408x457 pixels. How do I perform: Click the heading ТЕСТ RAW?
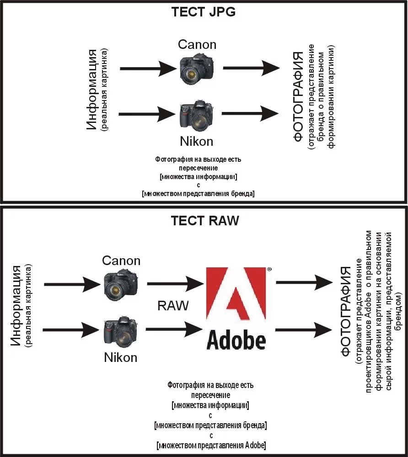pyautogui.click(x=204, y=221)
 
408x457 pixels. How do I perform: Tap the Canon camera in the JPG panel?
pyautogui.click(x=197, y=68)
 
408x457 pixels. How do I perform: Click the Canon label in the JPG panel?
pyautogui.click(x=197, y=44)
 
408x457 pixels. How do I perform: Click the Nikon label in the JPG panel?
pyautogui.click(x=197, y=141)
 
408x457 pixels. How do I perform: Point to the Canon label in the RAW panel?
pyautogui.click(x=121, y=260)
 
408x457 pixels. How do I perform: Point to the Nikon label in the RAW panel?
pyautogui.click(x=121, y=357)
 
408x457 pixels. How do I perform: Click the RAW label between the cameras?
pyautogui.click(x=173, y=306)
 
